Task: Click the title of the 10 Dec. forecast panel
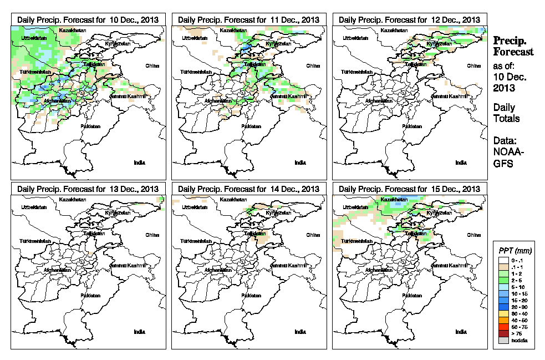[x=88, y=19]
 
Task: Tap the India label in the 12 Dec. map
[x=461, y=163]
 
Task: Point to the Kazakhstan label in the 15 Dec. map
[x=395, y=199]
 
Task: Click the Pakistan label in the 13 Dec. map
[x=91, y=296]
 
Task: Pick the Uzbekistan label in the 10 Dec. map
[x=32, y=38]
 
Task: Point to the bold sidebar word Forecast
[x=513, y=52]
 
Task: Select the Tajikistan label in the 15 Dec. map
[x=415, y=234]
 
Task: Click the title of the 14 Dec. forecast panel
[x=249, y=189]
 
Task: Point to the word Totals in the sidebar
[x=506, y=119]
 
